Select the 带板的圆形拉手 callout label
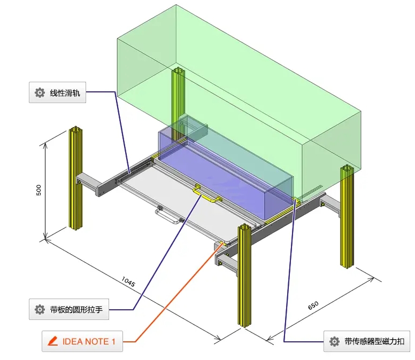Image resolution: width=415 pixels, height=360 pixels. tap(69, 309)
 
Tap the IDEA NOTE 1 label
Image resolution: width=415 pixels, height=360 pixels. tap(82, 341)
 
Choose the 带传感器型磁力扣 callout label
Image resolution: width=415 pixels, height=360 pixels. tap(367, 341)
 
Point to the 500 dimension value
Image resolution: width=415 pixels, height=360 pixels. tap(39, 190)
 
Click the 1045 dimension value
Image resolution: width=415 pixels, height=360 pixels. tap(128, 282)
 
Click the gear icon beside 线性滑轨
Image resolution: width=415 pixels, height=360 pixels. tap(40, 92)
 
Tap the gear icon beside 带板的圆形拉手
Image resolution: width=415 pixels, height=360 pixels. tap(40, 309)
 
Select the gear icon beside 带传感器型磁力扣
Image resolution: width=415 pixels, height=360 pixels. tap(334, 341)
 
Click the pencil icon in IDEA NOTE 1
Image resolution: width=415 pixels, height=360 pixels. tap(52, 341)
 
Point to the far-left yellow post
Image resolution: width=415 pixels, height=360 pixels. tap(75, 179)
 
